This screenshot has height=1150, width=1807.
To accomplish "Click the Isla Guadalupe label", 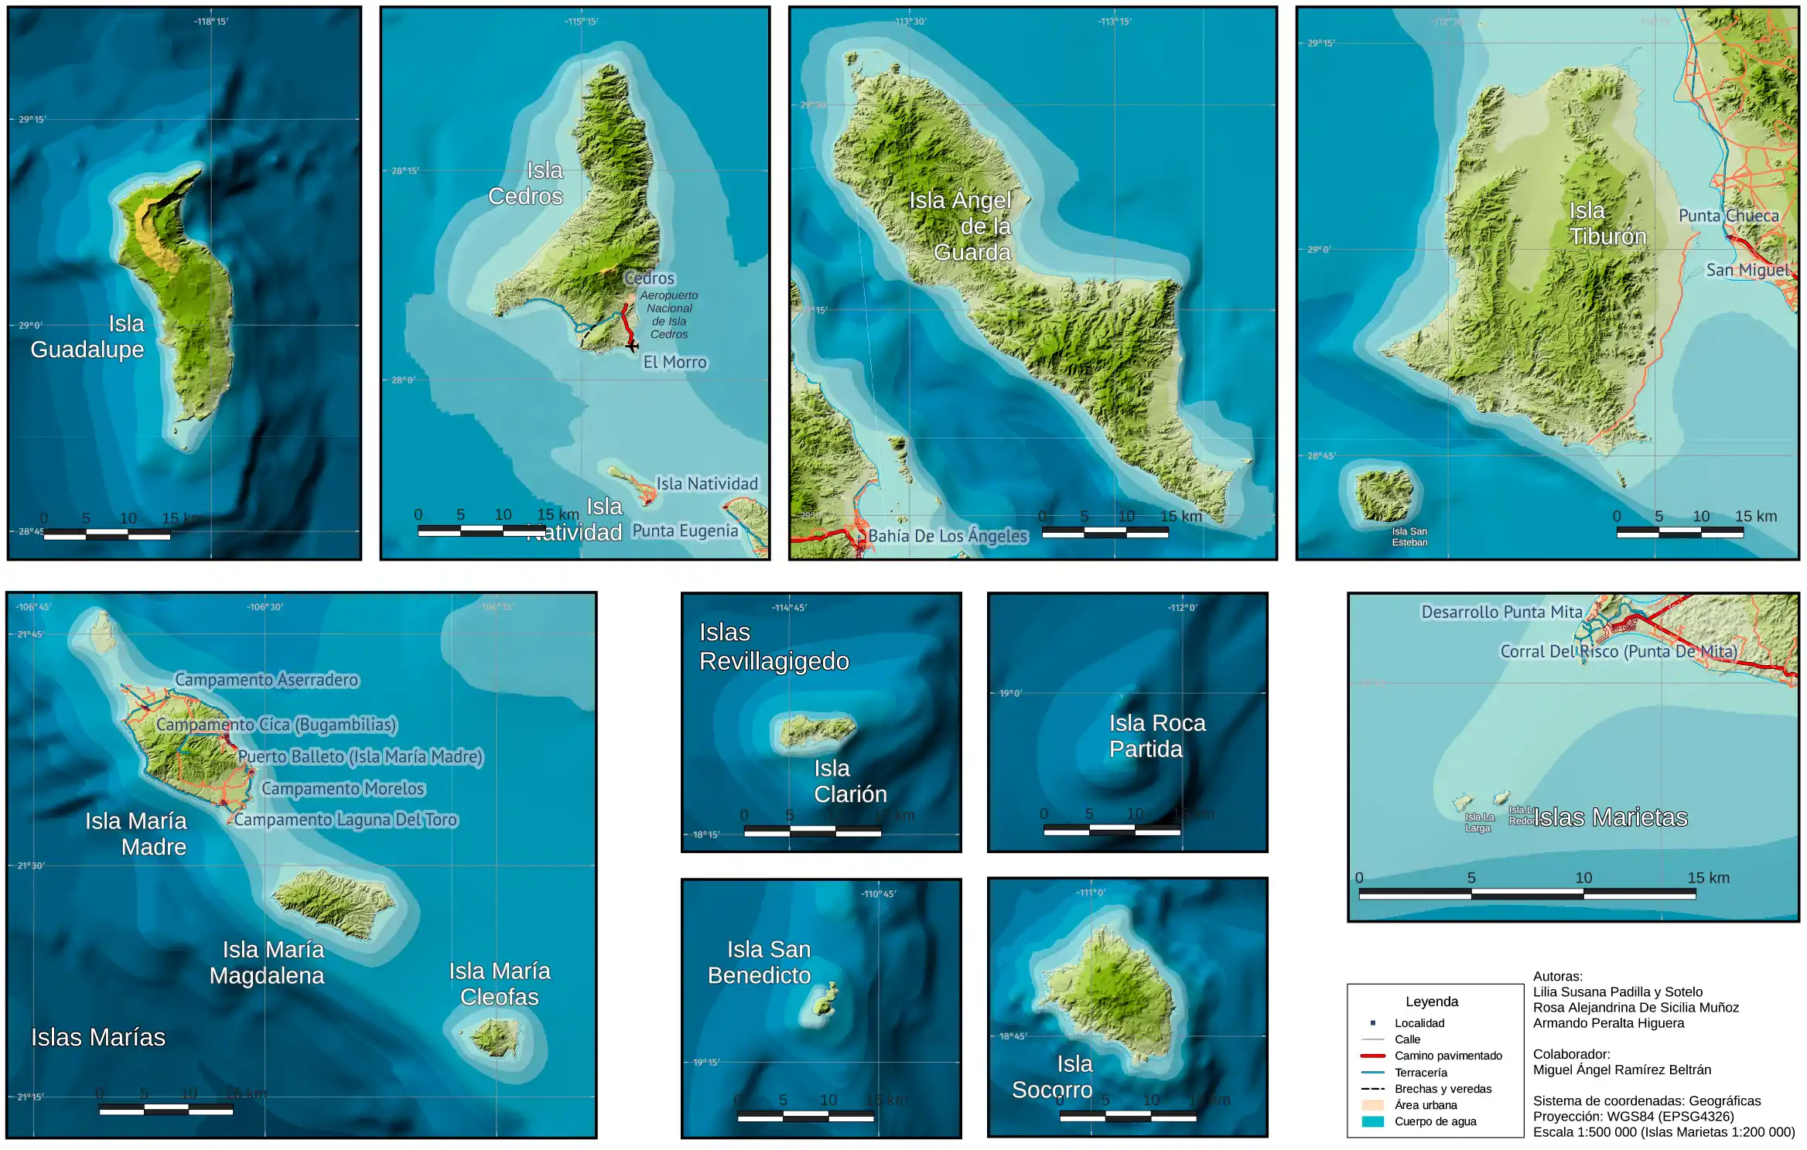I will pos(87,336).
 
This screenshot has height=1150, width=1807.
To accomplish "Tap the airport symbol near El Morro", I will pos(633,346).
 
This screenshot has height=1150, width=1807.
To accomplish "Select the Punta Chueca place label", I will pos(1728,216).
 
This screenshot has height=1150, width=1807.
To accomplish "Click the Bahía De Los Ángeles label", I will pos(948,536).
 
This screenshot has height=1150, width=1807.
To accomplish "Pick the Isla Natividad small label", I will pos(707,484).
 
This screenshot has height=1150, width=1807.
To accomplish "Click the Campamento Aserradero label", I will pos(266,680).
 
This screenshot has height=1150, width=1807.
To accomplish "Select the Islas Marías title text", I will pos(98,1037).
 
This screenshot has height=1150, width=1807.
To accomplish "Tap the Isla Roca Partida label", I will pos(1156,735).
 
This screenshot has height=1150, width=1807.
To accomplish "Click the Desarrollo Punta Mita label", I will pos(1501,612).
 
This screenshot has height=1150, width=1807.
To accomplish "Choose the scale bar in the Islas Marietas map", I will pos(1527,894).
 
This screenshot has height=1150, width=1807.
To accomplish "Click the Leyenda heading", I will pos(1432,1002).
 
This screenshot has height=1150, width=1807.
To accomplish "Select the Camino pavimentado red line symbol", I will pos(1373,1056).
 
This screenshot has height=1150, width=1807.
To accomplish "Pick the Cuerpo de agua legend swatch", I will pos(1373,1121).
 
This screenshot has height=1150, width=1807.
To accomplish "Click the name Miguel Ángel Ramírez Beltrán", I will pos(1622,1070).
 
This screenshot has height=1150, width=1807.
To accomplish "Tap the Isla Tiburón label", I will pos(1607,224).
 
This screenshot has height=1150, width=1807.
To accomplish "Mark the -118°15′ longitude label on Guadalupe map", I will pos(211,22).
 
